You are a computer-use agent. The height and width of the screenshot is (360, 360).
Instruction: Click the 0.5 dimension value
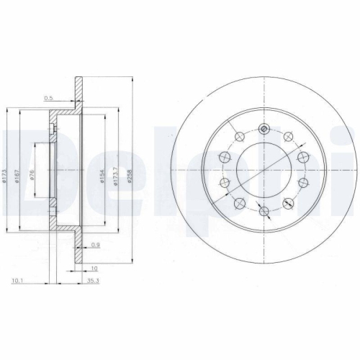click(50, 99)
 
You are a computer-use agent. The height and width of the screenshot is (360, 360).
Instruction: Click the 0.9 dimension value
click(95, 246)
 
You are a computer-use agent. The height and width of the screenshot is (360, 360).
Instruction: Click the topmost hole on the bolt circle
click(264, 130)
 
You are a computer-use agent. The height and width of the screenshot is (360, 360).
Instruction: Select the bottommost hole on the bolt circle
click(264, 211)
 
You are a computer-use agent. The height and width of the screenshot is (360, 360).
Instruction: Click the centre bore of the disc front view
click(264, 171)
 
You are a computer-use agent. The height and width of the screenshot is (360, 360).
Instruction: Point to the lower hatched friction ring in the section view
click(75, 252)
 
